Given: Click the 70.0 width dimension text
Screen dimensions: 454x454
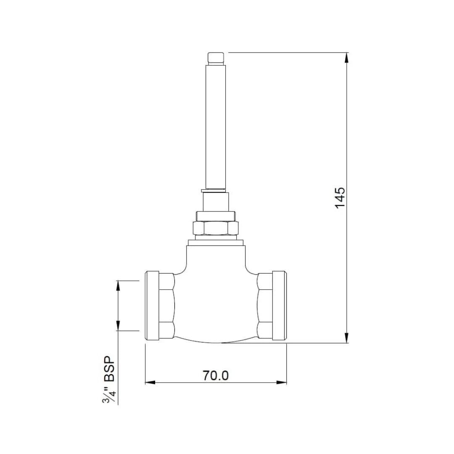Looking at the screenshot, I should tap(216, 375).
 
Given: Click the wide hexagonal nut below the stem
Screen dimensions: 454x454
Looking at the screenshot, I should tap(215, 228).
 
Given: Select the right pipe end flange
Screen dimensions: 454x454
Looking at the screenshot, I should tap(279, 306).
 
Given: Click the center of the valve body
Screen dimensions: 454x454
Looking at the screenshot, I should tap(215, 303).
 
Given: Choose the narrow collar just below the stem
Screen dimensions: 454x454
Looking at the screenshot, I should tap(215, 202).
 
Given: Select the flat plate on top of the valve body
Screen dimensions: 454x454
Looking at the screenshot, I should tap(215, 242).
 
